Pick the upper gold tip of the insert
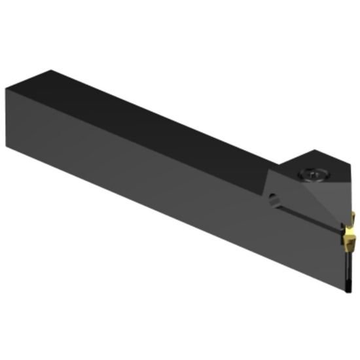coord(352,217)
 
